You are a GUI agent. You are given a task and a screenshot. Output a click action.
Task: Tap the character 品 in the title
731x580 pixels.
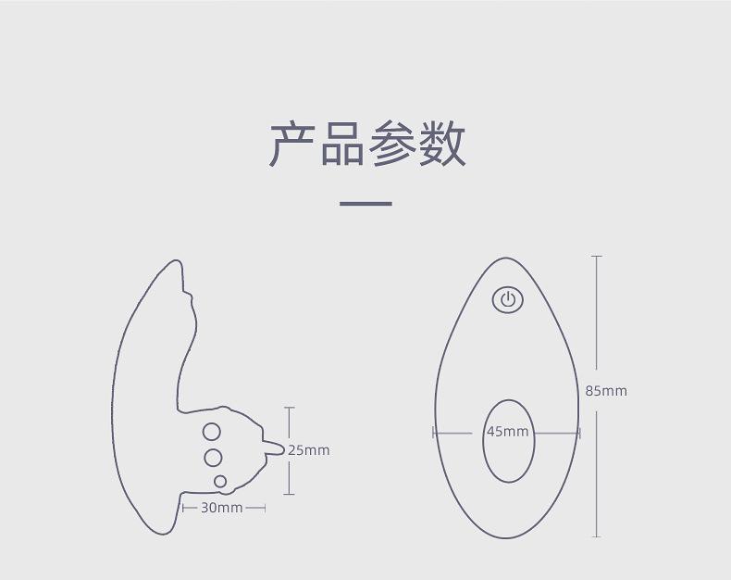tap(342, 144)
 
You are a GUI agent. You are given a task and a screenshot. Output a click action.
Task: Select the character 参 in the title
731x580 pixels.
tap(392, 144)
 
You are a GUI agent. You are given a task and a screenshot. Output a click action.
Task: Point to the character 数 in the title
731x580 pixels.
tap(442, 144)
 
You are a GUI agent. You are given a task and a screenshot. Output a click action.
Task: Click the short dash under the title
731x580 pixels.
tap(365, 203)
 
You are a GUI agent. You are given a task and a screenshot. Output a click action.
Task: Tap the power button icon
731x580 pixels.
tap(507, 299)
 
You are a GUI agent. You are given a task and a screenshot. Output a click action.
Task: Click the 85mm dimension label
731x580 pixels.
tap(606, 391)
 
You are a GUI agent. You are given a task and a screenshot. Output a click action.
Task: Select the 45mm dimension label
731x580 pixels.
tap(508, 432)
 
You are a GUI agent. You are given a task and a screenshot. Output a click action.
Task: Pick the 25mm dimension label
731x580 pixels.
tap(309, 450)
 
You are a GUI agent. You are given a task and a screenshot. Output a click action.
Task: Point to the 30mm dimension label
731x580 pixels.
tap(222, 508)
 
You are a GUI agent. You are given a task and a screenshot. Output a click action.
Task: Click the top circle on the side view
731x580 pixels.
tap(212, 432)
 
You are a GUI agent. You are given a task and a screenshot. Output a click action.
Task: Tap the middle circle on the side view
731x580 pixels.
tap(213, 457)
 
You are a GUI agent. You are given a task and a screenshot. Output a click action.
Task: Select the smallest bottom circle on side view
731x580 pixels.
tap(220, 481)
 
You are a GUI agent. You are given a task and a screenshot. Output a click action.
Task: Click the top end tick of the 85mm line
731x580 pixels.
tap(596, 256)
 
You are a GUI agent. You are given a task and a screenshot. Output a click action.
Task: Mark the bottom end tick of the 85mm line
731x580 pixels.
tap(596, 536)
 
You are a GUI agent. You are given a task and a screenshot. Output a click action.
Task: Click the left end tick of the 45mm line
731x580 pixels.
tap(433, 432)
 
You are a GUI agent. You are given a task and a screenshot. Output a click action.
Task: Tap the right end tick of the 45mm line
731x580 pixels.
tap(579, 432)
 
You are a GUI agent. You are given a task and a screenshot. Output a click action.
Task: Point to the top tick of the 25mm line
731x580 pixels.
tap(290, 408)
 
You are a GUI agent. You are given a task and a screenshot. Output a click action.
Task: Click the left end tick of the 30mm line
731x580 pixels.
tap(183, 508)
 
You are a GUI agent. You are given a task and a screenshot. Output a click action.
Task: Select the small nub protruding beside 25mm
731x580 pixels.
tap(275, 448)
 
